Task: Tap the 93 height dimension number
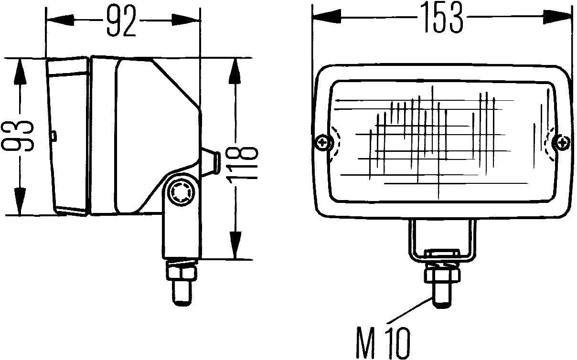[x=20, y=137]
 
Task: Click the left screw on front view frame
[x=323, y=142]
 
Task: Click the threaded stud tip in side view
[x=182, y=294]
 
